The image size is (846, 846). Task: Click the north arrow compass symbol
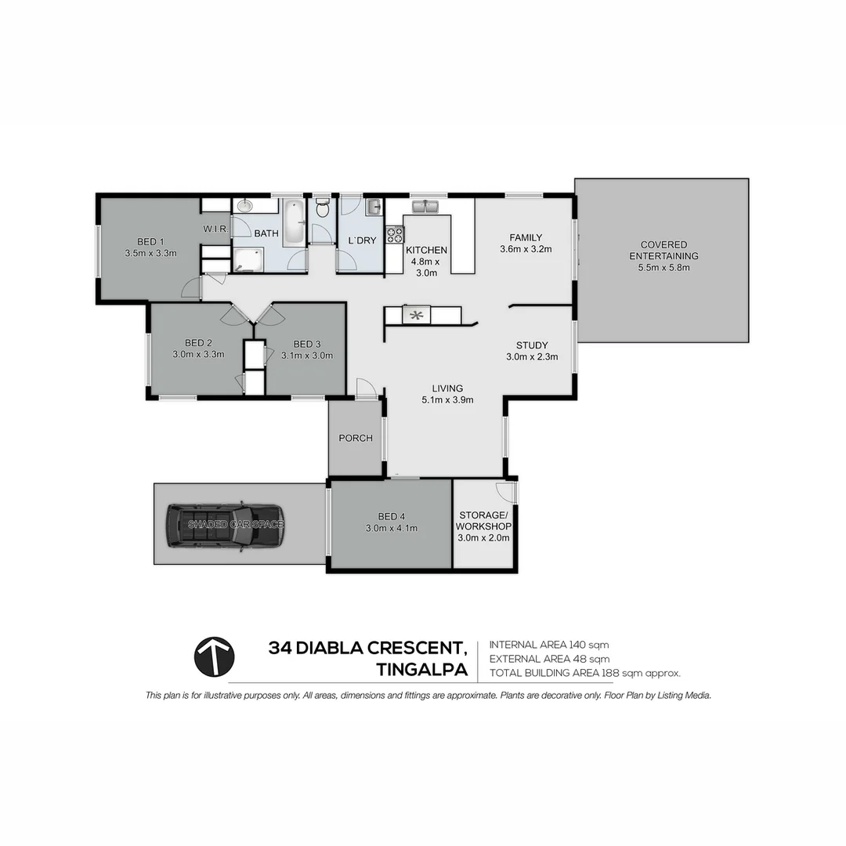click(214, 656)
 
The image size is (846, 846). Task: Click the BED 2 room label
click(198, 342)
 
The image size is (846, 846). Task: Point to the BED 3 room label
click(307, 343)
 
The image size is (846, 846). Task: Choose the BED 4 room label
click(392, 516)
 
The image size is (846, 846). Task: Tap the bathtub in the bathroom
click(295, 222)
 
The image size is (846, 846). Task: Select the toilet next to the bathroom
click(321, 209)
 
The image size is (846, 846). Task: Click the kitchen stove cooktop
click(395, 234)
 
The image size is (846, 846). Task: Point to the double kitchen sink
click(428, 208)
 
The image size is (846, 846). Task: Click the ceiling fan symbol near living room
click(417, 316)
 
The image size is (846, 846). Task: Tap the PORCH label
click(355, 438)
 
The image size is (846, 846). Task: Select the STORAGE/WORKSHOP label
click(483, 521)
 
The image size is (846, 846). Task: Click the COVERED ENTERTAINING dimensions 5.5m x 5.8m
click(663, 267)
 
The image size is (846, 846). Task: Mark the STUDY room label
click(531, 345)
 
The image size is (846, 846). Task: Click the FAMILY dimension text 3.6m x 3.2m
click(526, 250)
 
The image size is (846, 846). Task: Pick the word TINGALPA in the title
click(421, 671)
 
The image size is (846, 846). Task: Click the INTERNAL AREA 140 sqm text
click(548, 645)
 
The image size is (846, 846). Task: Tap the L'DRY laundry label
click(361, 240)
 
